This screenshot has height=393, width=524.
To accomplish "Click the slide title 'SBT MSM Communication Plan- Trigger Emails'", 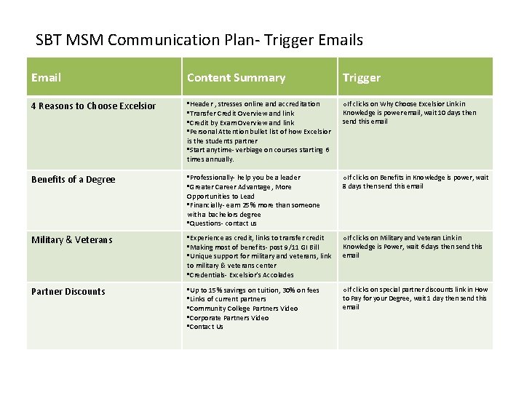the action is [x=199, y=39].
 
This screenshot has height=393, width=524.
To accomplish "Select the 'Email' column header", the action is [x=47, y=77].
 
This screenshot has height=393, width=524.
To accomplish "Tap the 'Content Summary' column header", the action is [x=236, y=77].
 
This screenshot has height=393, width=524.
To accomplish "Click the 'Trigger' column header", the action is [x=361, y=77].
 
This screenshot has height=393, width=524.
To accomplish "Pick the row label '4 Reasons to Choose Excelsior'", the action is [x=93, y=106].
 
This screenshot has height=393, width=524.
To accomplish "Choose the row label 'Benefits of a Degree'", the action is [x=73, y=180].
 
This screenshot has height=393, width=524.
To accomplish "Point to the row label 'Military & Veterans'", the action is [x=71, y=240].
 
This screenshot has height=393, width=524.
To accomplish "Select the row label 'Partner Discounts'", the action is [x=68, y=292].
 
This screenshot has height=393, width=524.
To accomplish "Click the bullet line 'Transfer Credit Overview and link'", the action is [x=241, y=114].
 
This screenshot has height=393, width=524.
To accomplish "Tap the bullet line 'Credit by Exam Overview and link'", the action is [x=241, y=123].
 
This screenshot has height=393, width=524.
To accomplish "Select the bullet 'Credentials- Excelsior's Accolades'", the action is [x=241, y=275].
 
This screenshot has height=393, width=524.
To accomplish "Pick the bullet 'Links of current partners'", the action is [x=228, y=300].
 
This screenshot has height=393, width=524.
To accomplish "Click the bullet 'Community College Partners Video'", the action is [x=242, y=309].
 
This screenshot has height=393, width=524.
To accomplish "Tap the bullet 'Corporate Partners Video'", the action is [x=228, y=318].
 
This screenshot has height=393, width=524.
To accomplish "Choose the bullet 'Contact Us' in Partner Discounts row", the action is [x=206, y=327].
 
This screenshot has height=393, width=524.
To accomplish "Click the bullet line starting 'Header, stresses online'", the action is [x=253, y=104].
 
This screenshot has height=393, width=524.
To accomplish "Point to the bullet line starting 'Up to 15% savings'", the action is [x=253, y=290].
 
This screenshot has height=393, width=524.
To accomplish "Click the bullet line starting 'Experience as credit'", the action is [x=255, y=238].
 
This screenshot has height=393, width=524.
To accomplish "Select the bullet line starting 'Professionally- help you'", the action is [x=244, y=178].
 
